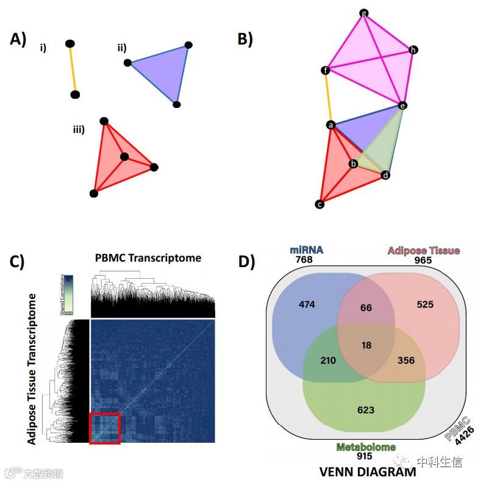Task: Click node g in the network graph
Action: coord(364,13)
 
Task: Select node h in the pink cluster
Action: coord(414,49)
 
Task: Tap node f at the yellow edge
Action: coord(326,71)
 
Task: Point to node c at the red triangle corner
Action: coord(319,205)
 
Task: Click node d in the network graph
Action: coord(385,176)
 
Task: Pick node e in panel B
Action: coord(402,106)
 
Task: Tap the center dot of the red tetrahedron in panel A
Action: coord(124,157)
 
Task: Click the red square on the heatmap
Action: coord(105,428)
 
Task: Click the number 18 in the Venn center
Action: coord(366,346)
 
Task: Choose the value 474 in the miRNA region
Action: coord(307,304)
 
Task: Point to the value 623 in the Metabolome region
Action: coord(366,410)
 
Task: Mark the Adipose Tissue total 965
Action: coord(423,260)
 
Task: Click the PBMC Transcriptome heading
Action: coord(148,258)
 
